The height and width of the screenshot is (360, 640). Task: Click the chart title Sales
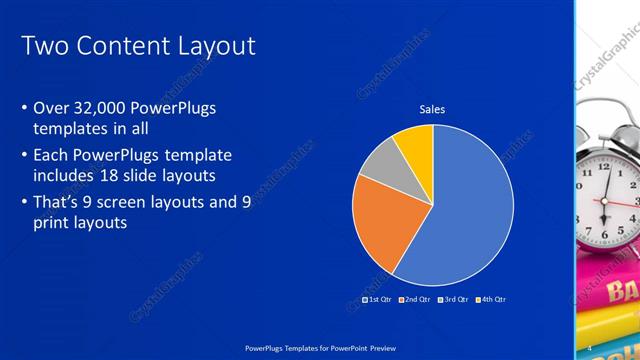click(432, 109)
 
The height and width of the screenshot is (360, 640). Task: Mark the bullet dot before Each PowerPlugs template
click(25, 155)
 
